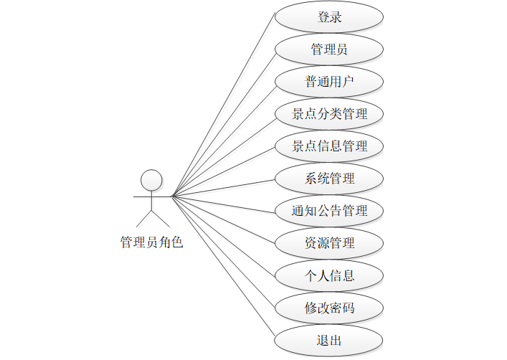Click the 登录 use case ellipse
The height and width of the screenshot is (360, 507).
[329, 17]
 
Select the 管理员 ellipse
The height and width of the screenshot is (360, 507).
[329, 49]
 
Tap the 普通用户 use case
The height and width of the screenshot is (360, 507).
[329, 82]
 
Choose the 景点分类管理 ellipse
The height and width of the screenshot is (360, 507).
[329, 114]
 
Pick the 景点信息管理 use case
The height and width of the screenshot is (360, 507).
[329, 146]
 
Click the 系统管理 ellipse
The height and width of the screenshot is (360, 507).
[329, 179]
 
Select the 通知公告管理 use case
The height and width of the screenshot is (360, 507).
[329, 211]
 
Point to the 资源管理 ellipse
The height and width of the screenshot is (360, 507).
[329, 243]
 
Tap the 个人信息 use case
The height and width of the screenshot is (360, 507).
[329, 275]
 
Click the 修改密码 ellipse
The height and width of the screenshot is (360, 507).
[329, 308]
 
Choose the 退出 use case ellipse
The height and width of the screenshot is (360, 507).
[329, 340]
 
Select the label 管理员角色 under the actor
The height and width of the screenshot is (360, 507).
[151, 242]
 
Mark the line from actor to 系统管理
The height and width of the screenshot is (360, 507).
[223, 187]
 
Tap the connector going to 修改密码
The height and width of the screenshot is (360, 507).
[223, 252]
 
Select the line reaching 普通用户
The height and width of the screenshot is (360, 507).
[223, 138]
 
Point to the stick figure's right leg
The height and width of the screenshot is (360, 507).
[160, 218]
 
